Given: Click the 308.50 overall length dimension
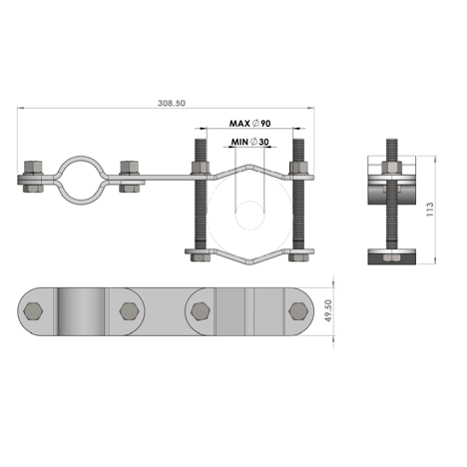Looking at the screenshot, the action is (172, 103).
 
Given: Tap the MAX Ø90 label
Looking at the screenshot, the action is (249, 124).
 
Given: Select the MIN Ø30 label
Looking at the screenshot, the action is (249, 142).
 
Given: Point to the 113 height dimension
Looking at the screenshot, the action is (430, 210).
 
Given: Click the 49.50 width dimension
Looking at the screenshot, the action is (328, 310).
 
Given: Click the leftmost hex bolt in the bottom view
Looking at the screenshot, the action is (33, 311).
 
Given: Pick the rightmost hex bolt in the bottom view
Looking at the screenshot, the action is (298, 311).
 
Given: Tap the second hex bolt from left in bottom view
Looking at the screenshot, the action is (130, 311).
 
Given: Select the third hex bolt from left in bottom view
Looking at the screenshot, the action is (201, 311).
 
